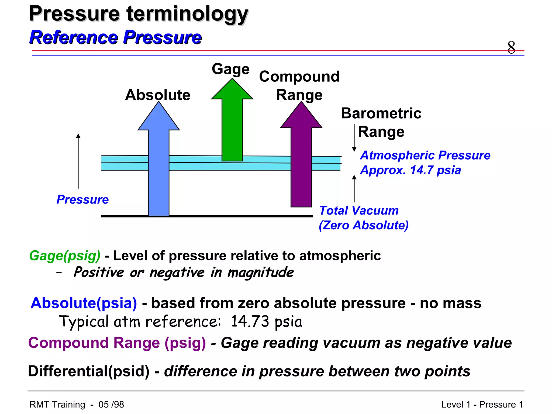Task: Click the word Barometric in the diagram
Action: point(381,113)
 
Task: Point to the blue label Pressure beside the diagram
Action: point(82,199)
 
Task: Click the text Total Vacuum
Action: point(359,211)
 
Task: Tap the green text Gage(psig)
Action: point(65,256)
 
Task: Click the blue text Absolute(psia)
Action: point(84,303)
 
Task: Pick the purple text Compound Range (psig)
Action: point(117,343)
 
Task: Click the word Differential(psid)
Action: point(89,371)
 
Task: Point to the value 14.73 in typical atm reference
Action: point(250,321)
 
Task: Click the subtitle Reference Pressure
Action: point(115,37)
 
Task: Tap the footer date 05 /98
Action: point(111,404)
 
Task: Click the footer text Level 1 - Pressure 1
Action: point(482,404)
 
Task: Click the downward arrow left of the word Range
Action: point(354,137)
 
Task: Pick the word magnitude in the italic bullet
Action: point(260,272)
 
